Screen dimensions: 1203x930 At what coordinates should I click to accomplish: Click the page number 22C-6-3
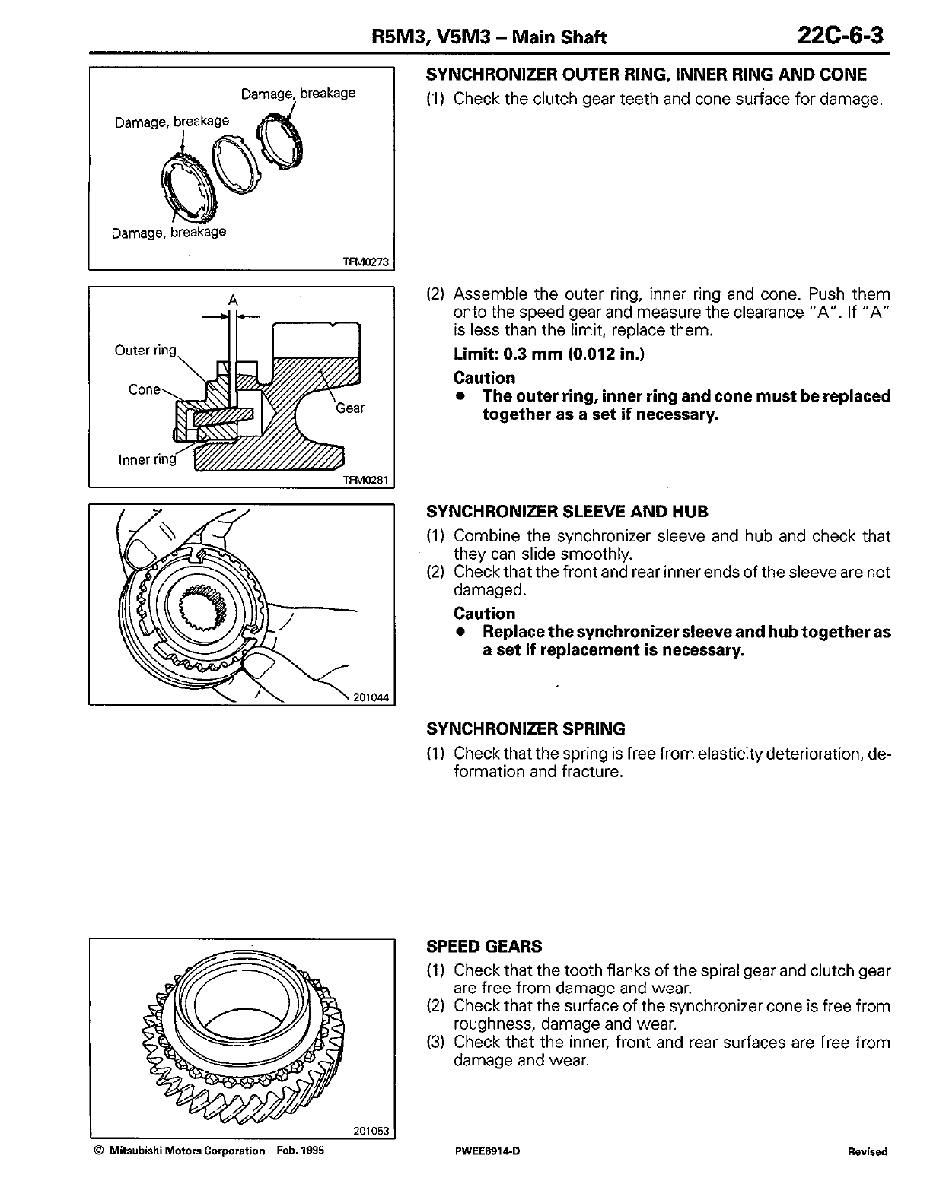click(x=840, y=36)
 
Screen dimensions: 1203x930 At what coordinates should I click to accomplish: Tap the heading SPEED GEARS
click(x=484, y=947)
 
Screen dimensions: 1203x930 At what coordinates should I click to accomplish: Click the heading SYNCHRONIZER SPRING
click(x=526, y=729)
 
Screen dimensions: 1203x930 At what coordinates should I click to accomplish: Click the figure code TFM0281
click(x=365, y=480)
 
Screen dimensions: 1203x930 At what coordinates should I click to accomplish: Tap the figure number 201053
click(x=371, y=1132)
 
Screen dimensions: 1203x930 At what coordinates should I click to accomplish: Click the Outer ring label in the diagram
click(x=145, y=351)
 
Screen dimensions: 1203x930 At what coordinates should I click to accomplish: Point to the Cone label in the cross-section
click(x=145, y=389)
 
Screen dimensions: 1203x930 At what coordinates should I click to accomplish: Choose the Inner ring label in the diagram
click(x=147, y=459)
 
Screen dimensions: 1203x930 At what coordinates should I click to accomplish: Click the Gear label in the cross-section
click(x=350, y=408)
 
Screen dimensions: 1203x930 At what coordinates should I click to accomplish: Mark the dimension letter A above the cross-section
click(x=233, y=300)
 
